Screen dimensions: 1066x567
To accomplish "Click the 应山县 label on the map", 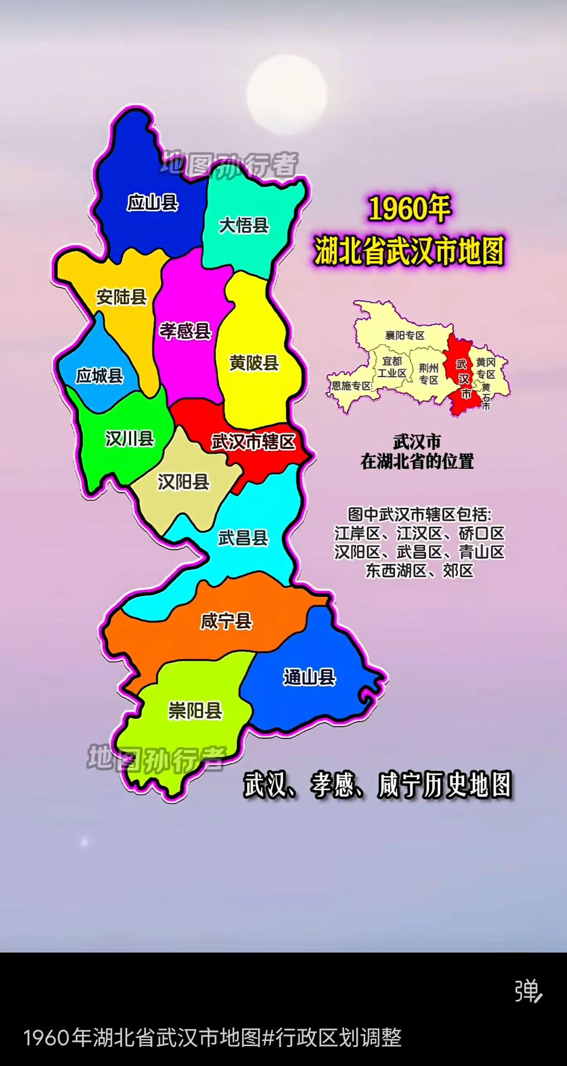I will click(x=153, y=203).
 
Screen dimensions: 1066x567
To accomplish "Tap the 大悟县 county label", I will click(x=244, y=226).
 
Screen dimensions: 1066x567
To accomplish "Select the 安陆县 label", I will click(x=121, y=297).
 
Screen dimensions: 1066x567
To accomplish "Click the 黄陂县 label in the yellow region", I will click(x=254, y=363).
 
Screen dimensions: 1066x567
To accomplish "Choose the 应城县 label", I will click(x=100, y=376).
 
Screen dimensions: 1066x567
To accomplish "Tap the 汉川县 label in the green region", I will click(x=129, y=439).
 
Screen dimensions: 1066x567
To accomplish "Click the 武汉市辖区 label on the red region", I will click(x=253, y=442).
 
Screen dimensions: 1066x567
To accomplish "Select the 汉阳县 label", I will click(x=183, y=482).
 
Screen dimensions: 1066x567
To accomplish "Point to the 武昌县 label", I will click(x=243, y=538).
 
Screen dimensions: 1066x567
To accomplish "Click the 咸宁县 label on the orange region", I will click(x=226, y=622).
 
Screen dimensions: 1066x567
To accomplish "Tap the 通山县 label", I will click(x=309, y=677).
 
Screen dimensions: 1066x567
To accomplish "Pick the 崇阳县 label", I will click(x=195, y=711).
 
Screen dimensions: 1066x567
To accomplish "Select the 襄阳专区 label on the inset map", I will click(x=405, y=335).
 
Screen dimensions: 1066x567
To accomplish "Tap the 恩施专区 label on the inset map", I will click(x=351, y=386).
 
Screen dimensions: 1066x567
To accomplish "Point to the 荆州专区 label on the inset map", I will click(x=429, y=374).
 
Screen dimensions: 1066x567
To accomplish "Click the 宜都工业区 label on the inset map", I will click(x=392, y=367).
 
